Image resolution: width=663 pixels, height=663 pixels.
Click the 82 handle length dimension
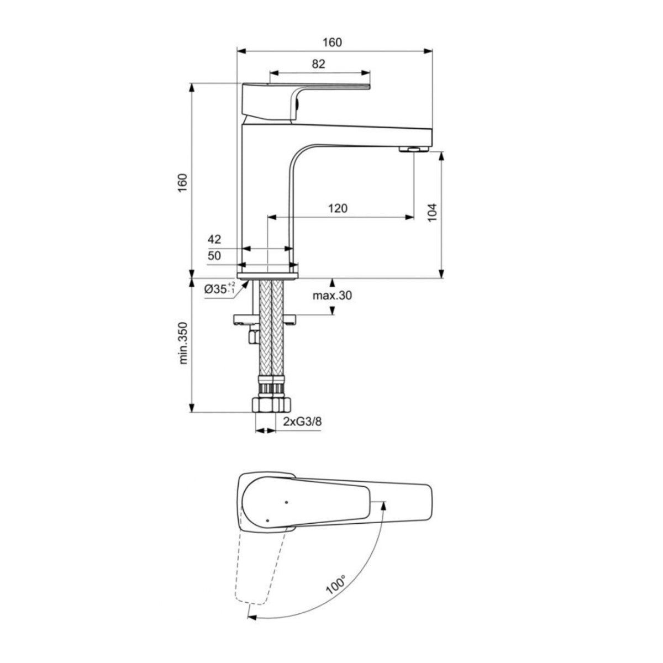point(318,64)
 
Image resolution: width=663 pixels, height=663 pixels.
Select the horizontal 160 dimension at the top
point(334,43)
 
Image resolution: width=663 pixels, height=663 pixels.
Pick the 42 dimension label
point(214,239)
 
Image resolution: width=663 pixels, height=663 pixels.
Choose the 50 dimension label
point(214,256)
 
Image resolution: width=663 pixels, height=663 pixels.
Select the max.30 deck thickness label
point(332,296)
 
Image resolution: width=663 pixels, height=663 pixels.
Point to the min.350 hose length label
point(183,343)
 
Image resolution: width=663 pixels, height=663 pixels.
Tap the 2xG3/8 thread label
point(302,422)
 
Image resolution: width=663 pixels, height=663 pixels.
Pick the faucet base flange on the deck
point(267,273)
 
